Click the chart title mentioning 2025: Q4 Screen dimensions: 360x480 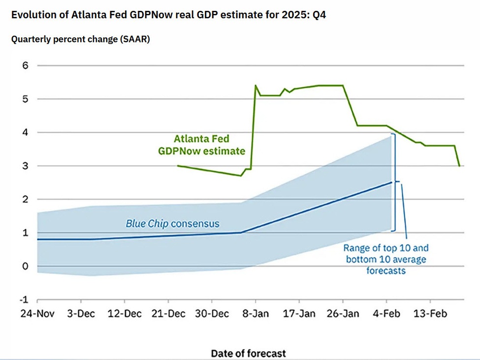point(168,15)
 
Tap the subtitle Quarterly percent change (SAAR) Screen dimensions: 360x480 point(80,39)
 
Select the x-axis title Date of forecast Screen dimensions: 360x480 point(248,353)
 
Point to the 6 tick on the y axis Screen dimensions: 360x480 point(25,65)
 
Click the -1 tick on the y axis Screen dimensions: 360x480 point(23,300)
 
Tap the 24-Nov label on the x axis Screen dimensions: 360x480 point(38,314)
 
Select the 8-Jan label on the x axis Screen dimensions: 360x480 point(256,314)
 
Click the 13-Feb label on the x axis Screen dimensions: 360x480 point(430,314)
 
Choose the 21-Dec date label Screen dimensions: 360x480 point(168,314)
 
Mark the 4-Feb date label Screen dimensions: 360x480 point(387,314)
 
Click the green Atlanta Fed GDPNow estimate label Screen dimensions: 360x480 point(201,145)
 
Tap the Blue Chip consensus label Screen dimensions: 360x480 point(172,224)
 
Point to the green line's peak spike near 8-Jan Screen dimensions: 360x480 point(256,86)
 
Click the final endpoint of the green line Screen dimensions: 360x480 point(459,166)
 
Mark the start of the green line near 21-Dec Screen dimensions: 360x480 point(178,166)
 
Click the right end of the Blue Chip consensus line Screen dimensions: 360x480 point(392,182)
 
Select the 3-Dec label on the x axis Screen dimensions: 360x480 point(81,314)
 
